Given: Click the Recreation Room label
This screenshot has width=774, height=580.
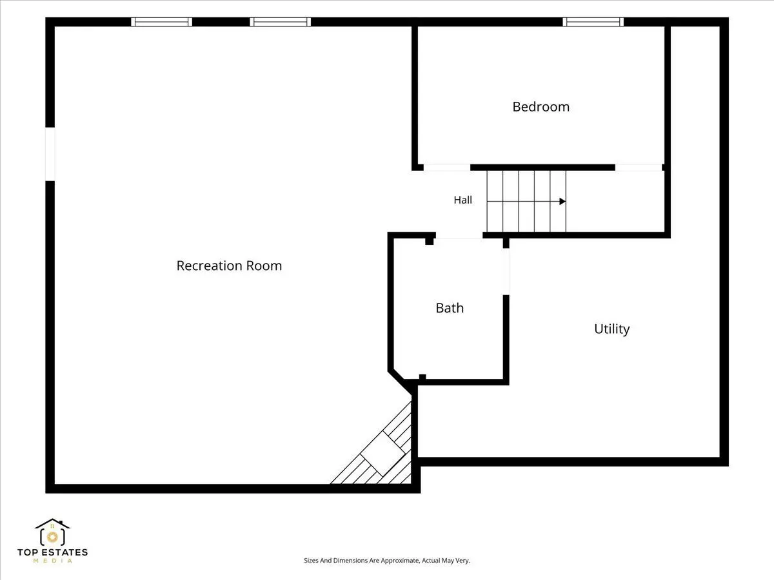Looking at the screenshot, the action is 229,266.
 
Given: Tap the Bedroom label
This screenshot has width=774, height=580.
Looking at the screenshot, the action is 541,107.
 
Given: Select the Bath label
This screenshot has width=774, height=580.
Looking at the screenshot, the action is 450,308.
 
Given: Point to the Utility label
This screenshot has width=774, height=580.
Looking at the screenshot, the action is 612,329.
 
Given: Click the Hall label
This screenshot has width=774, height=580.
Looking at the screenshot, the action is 462,200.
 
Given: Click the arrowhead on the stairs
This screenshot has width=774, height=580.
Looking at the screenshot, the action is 563,202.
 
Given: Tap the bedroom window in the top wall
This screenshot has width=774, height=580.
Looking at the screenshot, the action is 593,22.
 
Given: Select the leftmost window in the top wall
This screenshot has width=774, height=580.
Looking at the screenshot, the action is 161,22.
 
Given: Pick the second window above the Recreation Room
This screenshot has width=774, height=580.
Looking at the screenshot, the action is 281,22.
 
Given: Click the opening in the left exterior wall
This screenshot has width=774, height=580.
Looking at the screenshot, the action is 50,154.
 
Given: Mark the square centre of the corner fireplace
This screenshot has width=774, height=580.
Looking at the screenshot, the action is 382,453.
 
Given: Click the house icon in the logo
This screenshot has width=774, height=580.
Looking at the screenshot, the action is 52,532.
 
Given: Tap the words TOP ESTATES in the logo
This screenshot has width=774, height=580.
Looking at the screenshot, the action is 52,552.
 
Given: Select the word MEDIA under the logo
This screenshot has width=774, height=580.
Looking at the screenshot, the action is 52,561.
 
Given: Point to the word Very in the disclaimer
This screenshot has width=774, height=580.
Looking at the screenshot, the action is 463,560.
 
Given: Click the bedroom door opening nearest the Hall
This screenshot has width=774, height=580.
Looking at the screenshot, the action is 447,168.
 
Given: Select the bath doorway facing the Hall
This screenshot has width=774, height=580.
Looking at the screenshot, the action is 459,235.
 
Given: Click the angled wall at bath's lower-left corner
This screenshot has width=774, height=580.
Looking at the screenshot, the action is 402,380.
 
